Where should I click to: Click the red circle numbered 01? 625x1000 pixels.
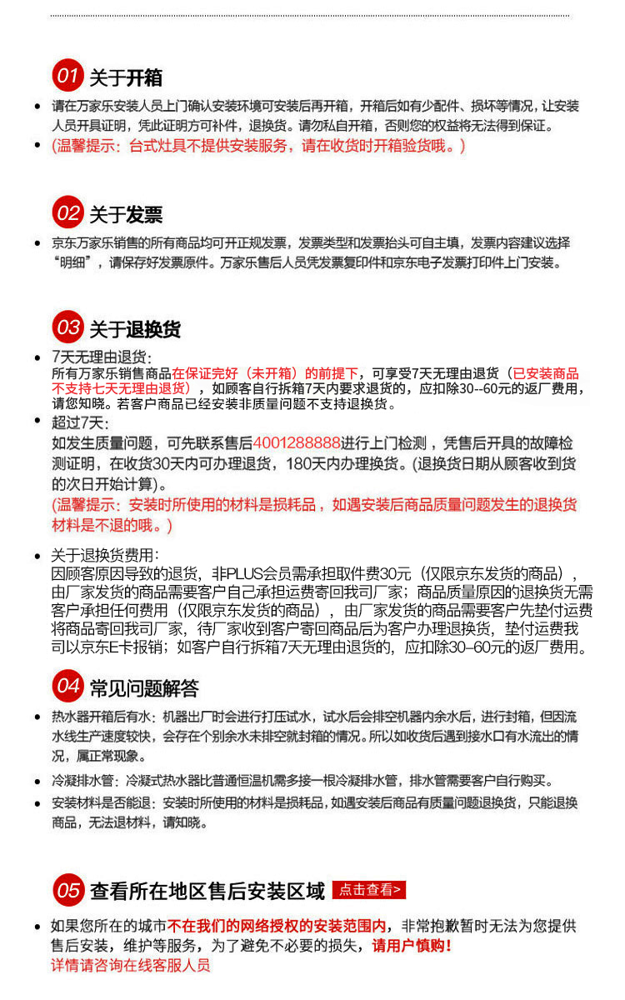(67, 77)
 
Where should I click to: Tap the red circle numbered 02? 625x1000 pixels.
(67, 213)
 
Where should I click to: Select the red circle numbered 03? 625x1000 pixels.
(67, 327)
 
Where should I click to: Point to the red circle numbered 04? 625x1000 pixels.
(67, 687)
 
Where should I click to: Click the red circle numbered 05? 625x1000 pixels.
(67, 891)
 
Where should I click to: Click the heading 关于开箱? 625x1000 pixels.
(126, 78)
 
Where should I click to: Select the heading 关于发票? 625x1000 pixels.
(126, 215)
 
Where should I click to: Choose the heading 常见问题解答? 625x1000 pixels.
(144, 689)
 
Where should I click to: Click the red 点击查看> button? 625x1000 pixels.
(369, 890)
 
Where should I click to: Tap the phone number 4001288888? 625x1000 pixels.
(297, 442)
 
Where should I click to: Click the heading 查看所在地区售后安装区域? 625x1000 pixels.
(207, 892)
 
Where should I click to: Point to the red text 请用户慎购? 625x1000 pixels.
(412, 946)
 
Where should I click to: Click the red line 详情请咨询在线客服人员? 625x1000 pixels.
(131, 966)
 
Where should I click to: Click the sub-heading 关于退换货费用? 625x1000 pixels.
(104, 556)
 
